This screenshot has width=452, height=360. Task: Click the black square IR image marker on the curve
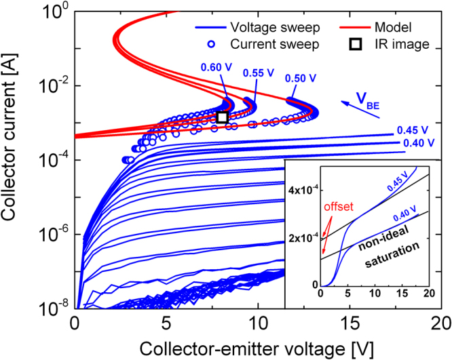[x=222, y=117]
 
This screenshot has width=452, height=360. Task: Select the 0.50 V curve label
[x=301, y=77]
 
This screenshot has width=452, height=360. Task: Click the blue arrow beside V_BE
[x=351, y=103]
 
